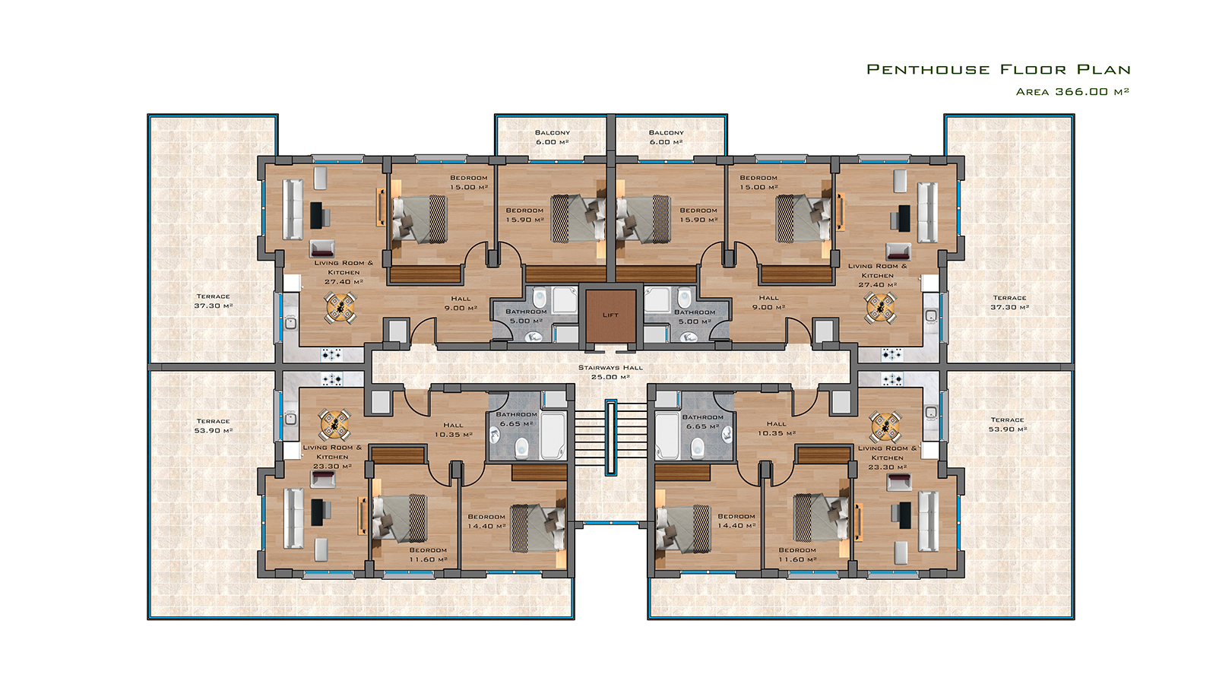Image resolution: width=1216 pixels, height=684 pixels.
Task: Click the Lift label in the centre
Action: [610, 315]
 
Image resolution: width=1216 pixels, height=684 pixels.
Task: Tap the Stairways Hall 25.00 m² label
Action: [610, 372]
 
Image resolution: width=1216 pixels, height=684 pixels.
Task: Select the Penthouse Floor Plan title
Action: [999, 69]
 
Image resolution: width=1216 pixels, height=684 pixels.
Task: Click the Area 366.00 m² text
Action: [1072, 92]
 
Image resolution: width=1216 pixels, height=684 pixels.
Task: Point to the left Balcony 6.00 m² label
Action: [552, 137]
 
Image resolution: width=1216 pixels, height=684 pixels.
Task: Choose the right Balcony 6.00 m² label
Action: [666, 137]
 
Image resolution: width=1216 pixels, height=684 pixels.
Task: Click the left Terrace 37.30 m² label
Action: [214, 301]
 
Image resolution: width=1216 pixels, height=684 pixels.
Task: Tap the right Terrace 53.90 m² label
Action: [1008, 424]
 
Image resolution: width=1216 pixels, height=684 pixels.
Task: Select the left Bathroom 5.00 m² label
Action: [526, 316]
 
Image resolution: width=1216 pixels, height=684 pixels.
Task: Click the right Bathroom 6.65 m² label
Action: [702, 421]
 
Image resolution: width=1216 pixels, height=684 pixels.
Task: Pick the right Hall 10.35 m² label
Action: [776, 429]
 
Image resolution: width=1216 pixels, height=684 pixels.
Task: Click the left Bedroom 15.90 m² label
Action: [524, 215]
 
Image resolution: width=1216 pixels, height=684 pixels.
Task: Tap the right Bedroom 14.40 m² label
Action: [736, 521]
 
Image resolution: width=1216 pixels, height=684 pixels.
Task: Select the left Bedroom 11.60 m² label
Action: [429, 554]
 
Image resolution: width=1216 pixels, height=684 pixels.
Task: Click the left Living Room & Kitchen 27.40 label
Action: [344, 272]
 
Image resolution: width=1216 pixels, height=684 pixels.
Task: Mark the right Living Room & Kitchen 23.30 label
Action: [888, 458]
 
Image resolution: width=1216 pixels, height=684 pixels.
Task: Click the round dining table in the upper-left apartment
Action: [340, 308]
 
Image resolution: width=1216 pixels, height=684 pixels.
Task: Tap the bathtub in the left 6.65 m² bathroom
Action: [553, 435]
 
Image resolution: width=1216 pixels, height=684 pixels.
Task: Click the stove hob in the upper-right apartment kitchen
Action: [892, 355]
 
